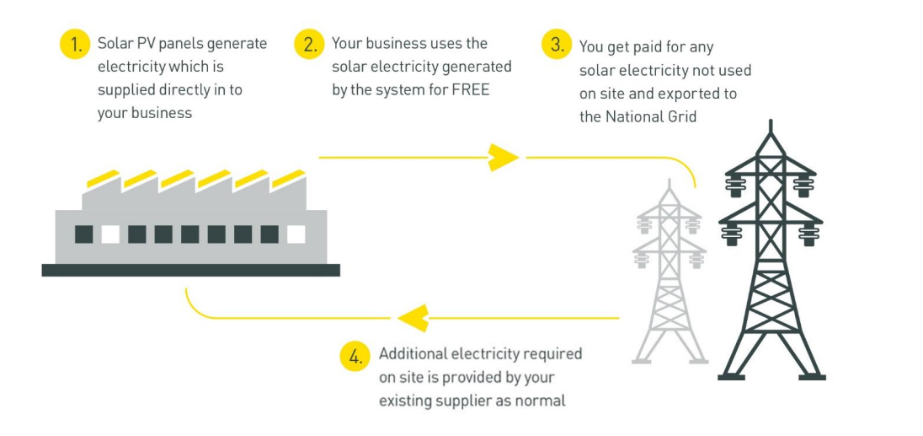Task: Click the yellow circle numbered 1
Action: (74, 45)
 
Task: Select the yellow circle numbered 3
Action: (557, 46)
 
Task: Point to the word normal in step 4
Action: (542, 401)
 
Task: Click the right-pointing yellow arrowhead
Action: (503, 157)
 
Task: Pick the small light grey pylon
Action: (670, 278)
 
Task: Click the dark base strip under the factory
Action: (190, 270)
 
